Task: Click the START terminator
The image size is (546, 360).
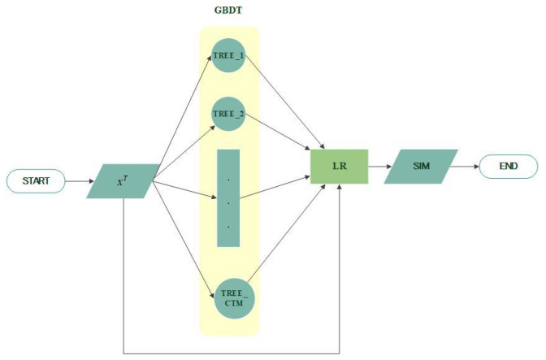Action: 37,180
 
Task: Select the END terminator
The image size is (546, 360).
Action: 508,167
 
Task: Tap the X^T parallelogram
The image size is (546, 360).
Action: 123,180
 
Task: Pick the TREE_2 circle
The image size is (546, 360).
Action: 229,115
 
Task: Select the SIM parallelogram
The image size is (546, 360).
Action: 422,167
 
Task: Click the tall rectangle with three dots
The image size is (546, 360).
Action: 229,197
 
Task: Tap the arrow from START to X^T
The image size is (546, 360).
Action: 79,180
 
